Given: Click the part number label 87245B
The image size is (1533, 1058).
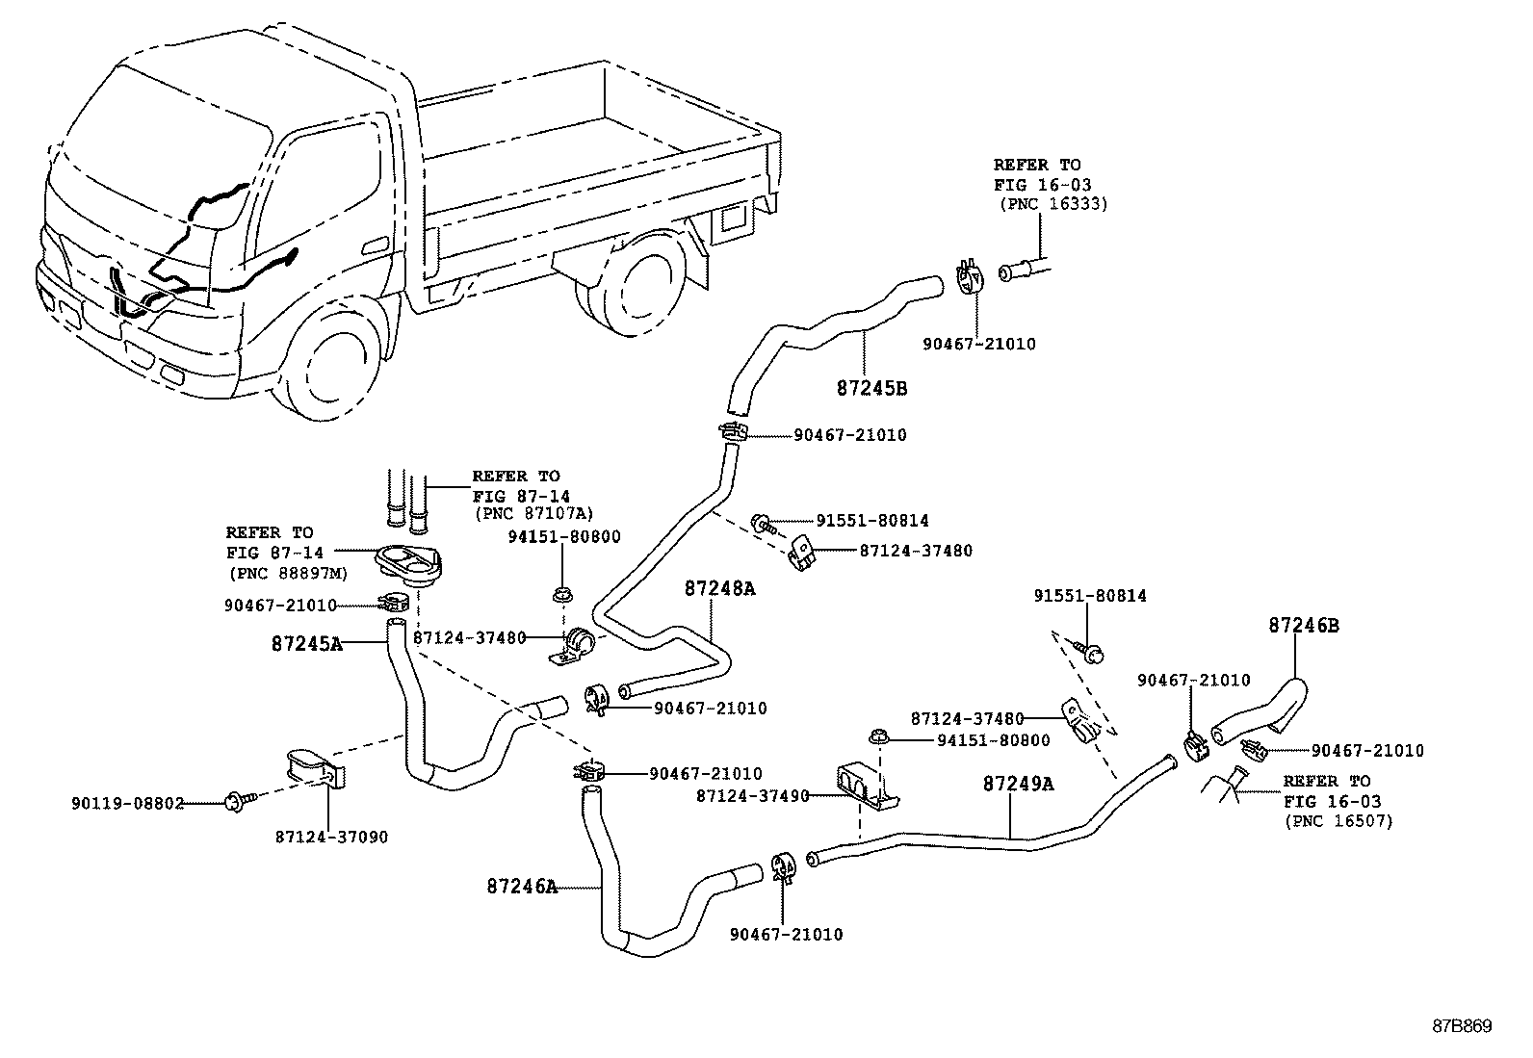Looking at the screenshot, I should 871,389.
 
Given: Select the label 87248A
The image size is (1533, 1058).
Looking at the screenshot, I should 719,588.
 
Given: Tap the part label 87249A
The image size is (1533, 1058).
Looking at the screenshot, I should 1018,784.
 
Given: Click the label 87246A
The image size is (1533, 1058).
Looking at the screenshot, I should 521,886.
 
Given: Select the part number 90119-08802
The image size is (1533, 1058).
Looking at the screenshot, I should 127,803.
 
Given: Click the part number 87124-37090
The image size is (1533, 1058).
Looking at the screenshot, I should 332,837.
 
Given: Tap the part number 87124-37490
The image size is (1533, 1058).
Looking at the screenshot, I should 752,795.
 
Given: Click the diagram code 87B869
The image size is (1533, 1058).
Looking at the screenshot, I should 1460,1027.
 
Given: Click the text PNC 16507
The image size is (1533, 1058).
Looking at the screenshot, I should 1338,821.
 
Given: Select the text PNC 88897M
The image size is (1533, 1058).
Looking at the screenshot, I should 288,573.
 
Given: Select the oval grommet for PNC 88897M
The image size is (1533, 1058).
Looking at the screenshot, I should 404,562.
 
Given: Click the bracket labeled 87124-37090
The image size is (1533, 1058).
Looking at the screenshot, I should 310,768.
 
